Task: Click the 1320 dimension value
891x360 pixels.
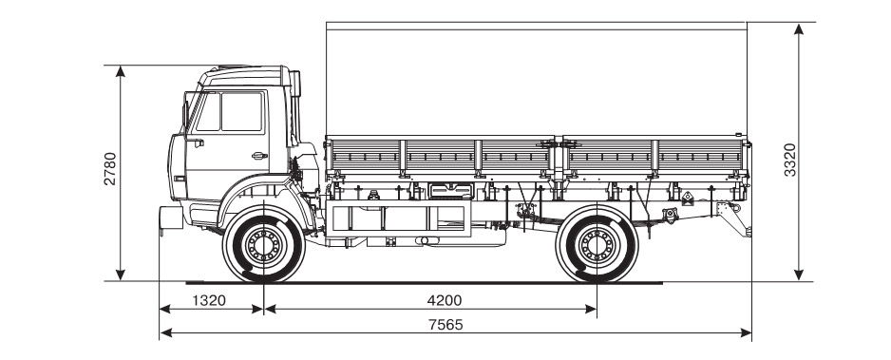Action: [209, 300]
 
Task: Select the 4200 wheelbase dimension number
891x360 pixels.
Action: [445, 300]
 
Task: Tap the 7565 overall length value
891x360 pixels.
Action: [445, 325]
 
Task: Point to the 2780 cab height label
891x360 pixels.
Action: [110, 168]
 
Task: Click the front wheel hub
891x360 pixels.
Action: [263, 245]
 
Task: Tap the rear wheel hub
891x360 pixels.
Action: [597, 245]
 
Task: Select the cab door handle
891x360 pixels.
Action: [259, 156]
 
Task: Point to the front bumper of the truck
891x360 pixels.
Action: [170, 218]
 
